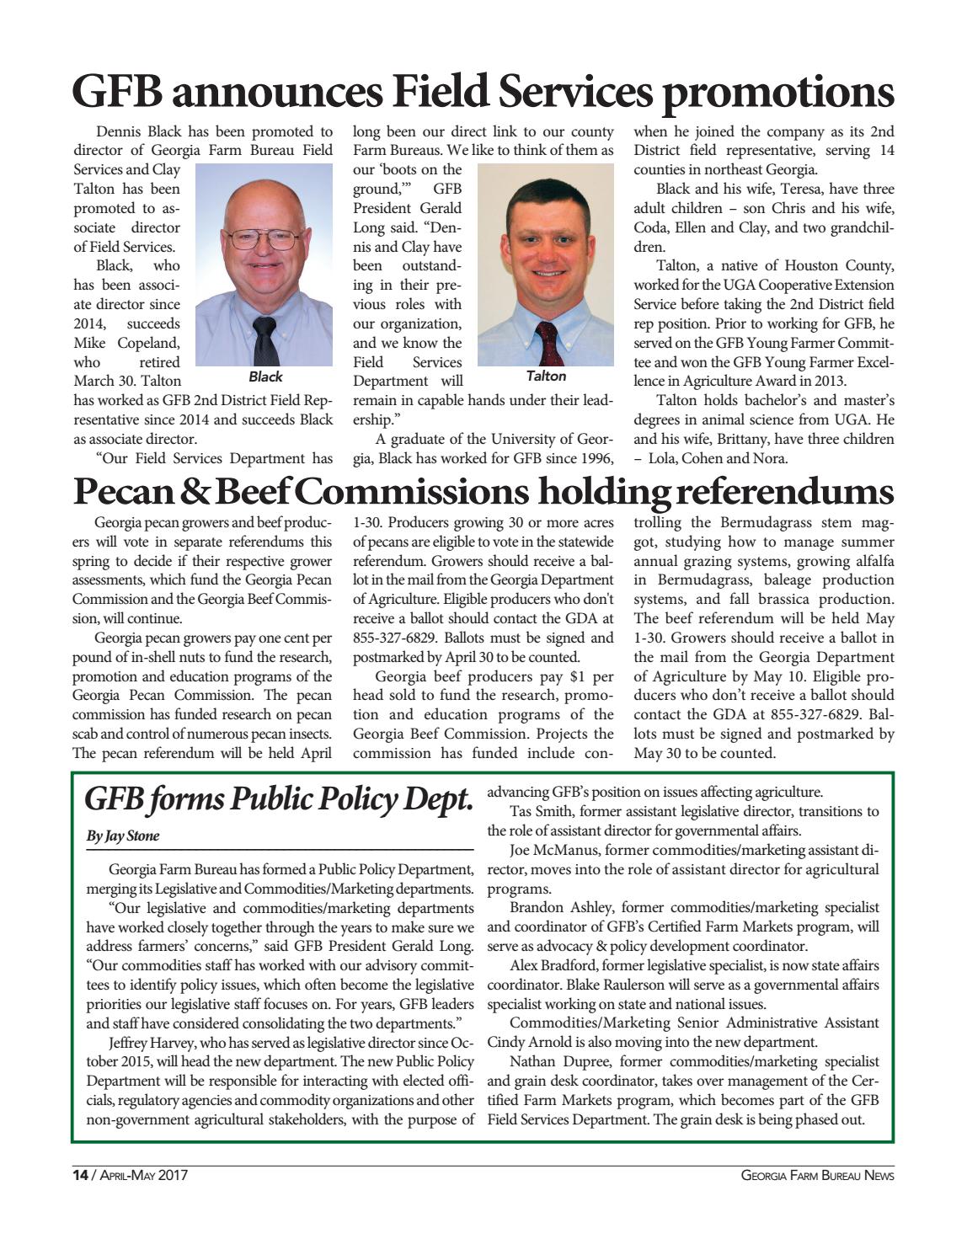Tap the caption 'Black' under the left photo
pyautogui.click(x=265, y=376)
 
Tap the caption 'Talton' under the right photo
pyautogui.click(x=546, y=376)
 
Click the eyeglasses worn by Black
pyautogui.click(x=264, y=238)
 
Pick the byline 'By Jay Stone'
pyautogui.click(x=123, y=836)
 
